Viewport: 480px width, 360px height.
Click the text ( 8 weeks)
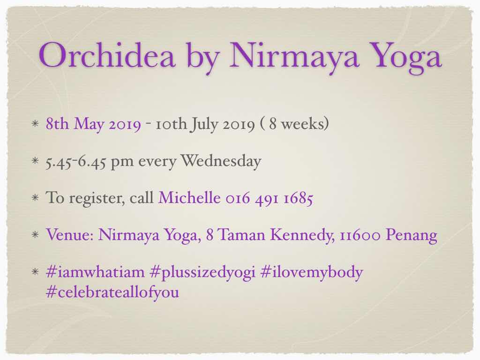click(294, 124)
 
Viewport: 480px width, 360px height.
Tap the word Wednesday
click(221, 161)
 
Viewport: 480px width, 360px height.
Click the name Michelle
click(189, 197)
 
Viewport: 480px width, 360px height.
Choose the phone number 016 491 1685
click(270, 198)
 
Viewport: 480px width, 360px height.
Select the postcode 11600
click(360, 235)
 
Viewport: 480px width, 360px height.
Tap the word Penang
click(412, 236)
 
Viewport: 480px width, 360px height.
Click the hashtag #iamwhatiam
click(95, 272)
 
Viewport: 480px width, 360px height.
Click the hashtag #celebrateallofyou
click(112, 292)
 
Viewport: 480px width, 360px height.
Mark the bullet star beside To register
click(35, 197)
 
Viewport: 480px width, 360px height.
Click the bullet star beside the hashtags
click(35, 271)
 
